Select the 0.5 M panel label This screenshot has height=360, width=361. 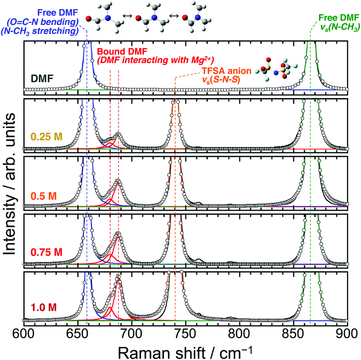(x=42, y=195)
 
